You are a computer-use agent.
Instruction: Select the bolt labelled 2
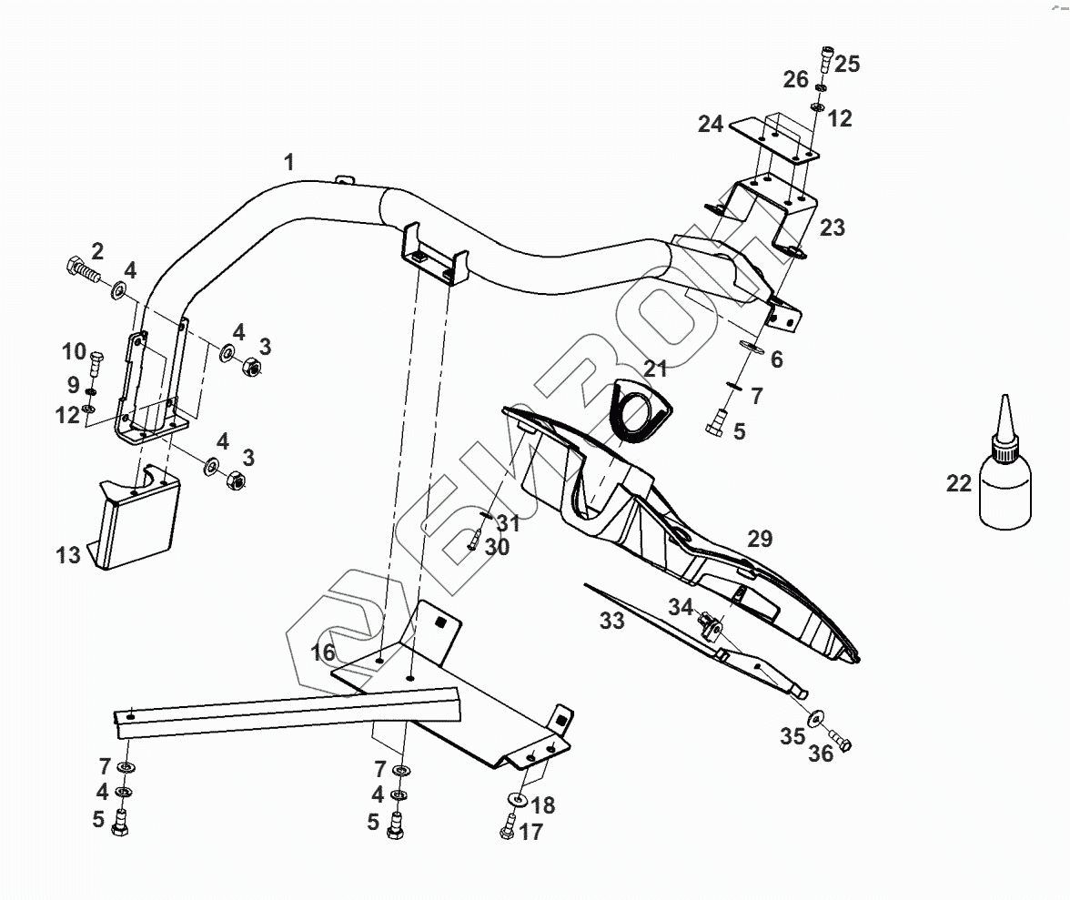pos(83,268)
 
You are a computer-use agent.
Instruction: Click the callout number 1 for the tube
pos(289,163)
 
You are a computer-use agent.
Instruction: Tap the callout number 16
pos(323,652)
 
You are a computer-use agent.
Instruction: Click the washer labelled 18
pos(517,799)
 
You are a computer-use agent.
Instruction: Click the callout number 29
pos(760,538)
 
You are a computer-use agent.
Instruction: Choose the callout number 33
pos(612,621)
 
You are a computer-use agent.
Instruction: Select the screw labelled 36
pos(841,742)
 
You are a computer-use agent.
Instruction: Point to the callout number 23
pos(833,228)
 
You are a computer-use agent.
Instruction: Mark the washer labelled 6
pos(752,347)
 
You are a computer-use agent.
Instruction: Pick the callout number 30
pos(498,547)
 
